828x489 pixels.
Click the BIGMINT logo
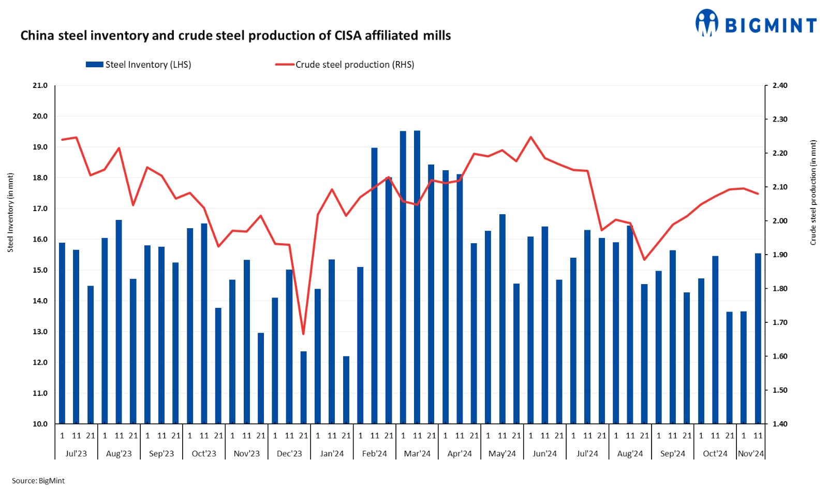point(756,24)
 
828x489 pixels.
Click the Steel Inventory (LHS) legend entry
point(138,65)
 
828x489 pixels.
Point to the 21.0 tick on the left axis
point(40,85)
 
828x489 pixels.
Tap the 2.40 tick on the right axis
point(779,85)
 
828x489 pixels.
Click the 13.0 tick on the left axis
point(40,332)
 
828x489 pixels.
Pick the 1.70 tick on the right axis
point(779,322)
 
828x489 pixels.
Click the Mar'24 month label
point(417,454)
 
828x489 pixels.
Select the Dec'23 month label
point(289,454)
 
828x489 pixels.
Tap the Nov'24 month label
point(751,454)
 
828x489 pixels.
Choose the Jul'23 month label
point(76,454)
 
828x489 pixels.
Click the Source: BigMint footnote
point(38,481)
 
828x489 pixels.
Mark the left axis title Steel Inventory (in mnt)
point(10,213)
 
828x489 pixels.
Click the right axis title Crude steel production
point(813,192)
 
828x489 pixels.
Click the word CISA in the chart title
point(348,36)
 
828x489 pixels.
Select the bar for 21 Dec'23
point(304,388)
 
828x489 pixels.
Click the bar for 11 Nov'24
point(758,338)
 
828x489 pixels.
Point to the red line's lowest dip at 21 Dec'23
point(303,334)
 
